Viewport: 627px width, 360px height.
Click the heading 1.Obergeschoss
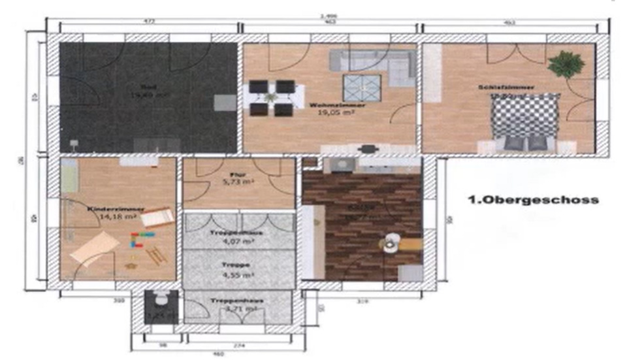click(x=533, y=201)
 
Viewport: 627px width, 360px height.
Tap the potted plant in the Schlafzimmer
click(x=566, y=65)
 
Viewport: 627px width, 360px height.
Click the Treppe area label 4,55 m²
click(x=236, y=275)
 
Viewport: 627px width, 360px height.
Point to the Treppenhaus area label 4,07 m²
click(x=236, y=241)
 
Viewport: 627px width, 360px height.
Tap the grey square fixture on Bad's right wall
click(x=226, y=103)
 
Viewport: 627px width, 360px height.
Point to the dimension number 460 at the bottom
click(x=218, y=354)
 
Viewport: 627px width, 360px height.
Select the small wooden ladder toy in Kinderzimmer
click(x=155, y=255)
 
